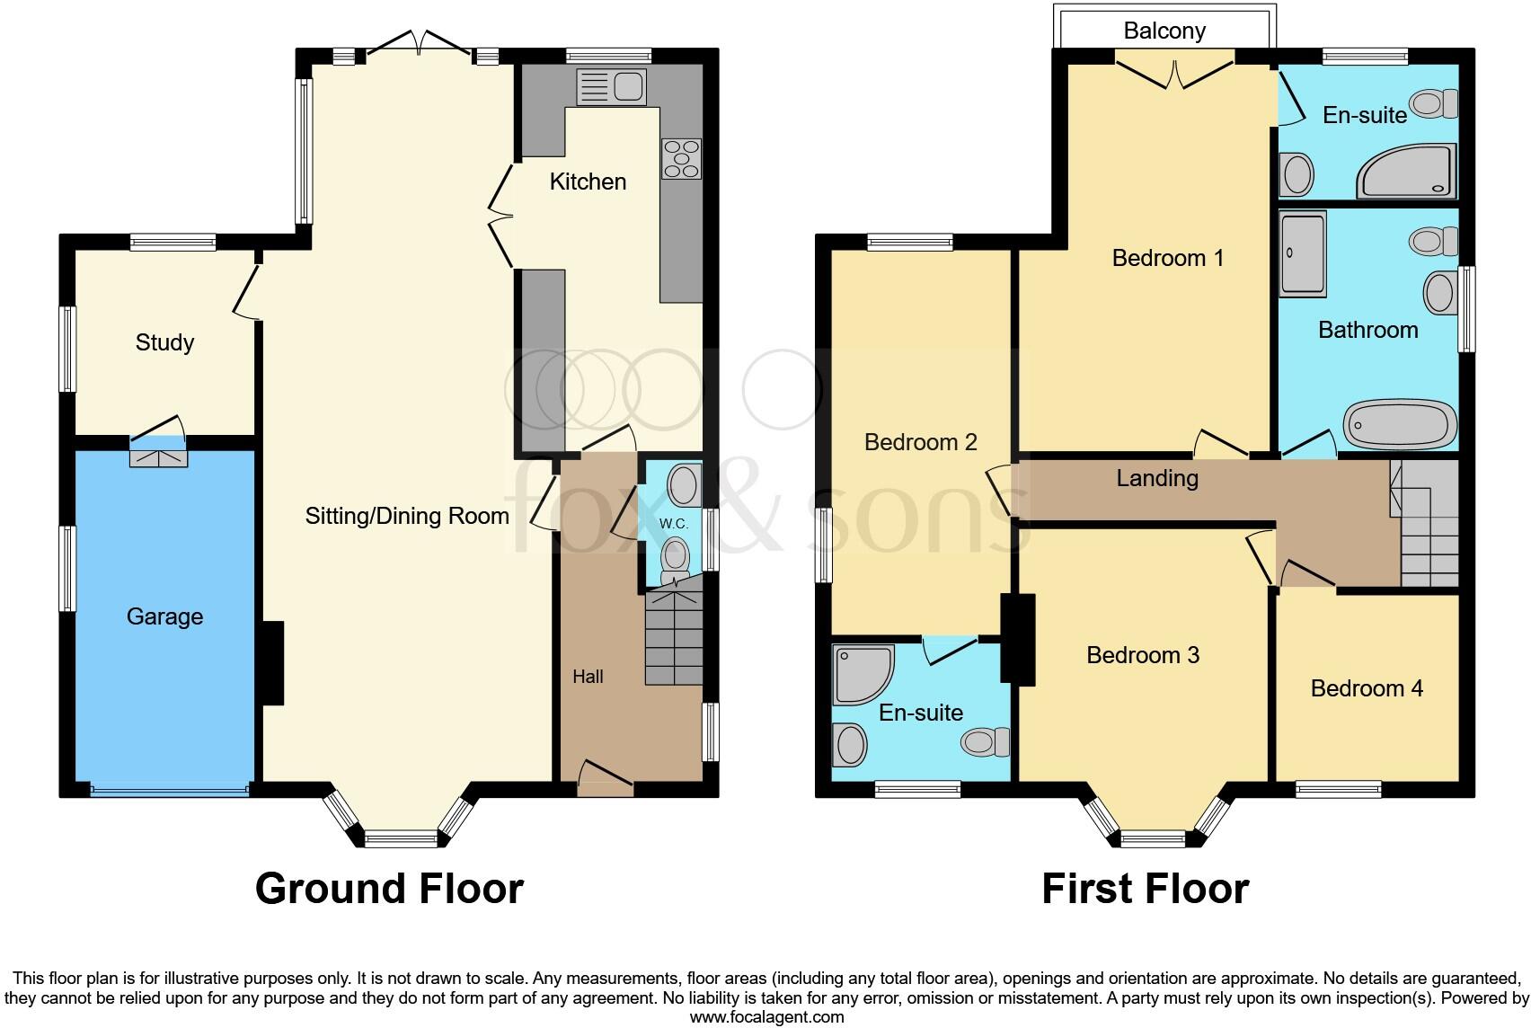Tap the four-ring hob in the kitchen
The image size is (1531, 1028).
[681, 158]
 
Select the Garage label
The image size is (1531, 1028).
[164, 616]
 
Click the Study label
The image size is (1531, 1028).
[164, 342]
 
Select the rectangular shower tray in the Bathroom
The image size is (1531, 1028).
[1303, 254]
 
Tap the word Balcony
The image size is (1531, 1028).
[1164, 31]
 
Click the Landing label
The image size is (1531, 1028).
[1156, 478]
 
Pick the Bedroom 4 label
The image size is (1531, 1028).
[1366, 688]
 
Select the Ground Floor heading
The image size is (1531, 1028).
[389, 889]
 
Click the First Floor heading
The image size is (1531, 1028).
[1145, 889]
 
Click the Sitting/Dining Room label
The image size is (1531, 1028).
[407, 516]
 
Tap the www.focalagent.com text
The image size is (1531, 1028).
[766, 1017]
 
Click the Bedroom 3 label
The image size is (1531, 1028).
[1142, 655]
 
